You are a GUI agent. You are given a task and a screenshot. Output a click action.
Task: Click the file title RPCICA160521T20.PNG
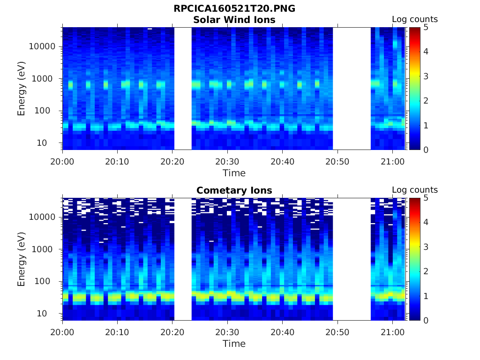pyautogui.click(x=234, y=8)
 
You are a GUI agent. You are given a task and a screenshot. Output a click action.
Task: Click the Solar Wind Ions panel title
pyautogui.click(x=234, y=20)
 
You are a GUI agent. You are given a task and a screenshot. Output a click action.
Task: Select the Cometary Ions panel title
pyautogui.click(x=234, y=190)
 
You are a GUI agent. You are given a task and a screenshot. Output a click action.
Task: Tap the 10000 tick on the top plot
pyautogui.click(x=43, y=46)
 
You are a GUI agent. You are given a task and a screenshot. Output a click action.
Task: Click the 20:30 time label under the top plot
pyautogui.click(x=227, y=161)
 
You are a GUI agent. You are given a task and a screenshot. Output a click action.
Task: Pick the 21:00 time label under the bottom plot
pyautogui.click(x=392, y=332)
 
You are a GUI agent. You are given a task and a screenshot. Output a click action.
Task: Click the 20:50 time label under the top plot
pyautogui.click(x=337, y=161)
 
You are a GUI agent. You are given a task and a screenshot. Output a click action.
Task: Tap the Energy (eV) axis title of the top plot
pyautogui.click(x=22, y=89)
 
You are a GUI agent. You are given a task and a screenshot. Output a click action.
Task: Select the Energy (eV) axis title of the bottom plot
pyautogui.click(x=22, y=259)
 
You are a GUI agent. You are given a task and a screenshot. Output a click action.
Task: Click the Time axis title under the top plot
pyautogui.click(x=234, y=173)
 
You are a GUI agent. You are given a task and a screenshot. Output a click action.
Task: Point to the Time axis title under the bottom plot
pyautogui.click(x=234, y=344)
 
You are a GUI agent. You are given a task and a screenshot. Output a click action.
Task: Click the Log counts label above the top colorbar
pyautogui.click(x=414, y=20)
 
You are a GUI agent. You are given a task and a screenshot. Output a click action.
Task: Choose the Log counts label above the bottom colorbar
pyautogui.click(x=414, y=190)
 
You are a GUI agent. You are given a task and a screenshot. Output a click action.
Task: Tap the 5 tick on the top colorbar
pyautogui.click(x=427, y=27)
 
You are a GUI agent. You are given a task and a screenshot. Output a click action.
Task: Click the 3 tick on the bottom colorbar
pyautogui.click(x=427, y=247)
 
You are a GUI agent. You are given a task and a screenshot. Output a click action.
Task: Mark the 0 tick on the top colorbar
pyautogui.click(x=427, y=150)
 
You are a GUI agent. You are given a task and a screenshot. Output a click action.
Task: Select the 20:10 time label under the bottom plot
pyautogui.click(x=117, y=332)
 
